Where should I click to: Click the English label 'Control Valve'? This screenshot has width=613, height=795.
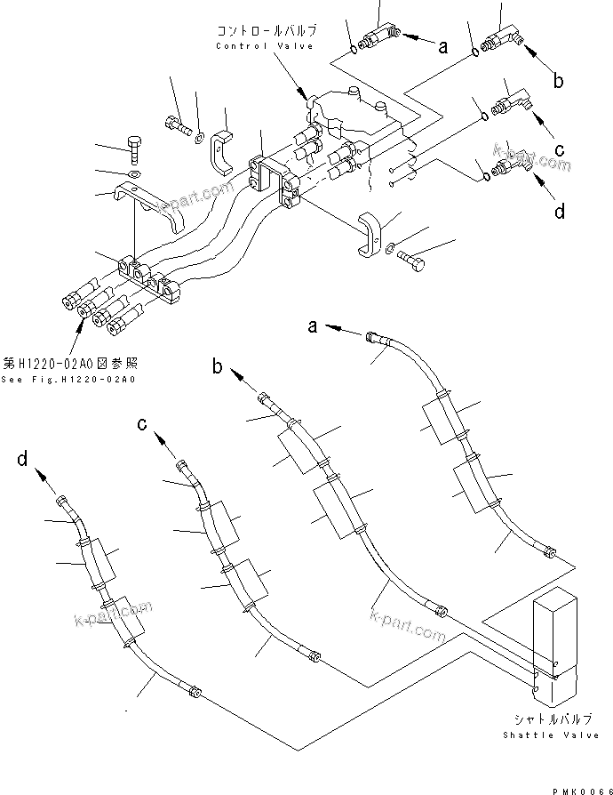[x=265, y=46]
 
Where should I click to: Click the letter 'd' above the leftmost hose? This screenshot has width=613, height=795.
[x=24, y=460]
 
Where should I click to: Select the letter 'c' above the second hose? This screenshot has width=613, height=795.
[x=142, y=423]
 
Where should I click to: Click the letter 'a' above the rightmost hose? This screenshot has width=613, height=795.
[x=314, y=327]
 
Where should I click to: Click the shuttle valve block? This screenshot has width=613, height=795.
[x=553, y=640]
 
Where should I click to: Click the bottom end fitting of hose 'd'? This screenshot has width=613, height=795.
[x=195, y=693]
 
